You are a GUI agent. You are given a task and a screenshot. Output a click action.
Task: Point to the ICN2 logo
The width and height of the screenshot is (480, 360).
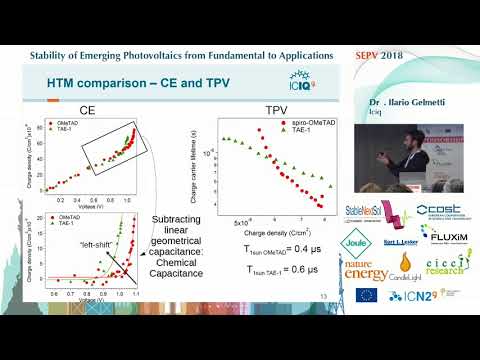415,296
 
